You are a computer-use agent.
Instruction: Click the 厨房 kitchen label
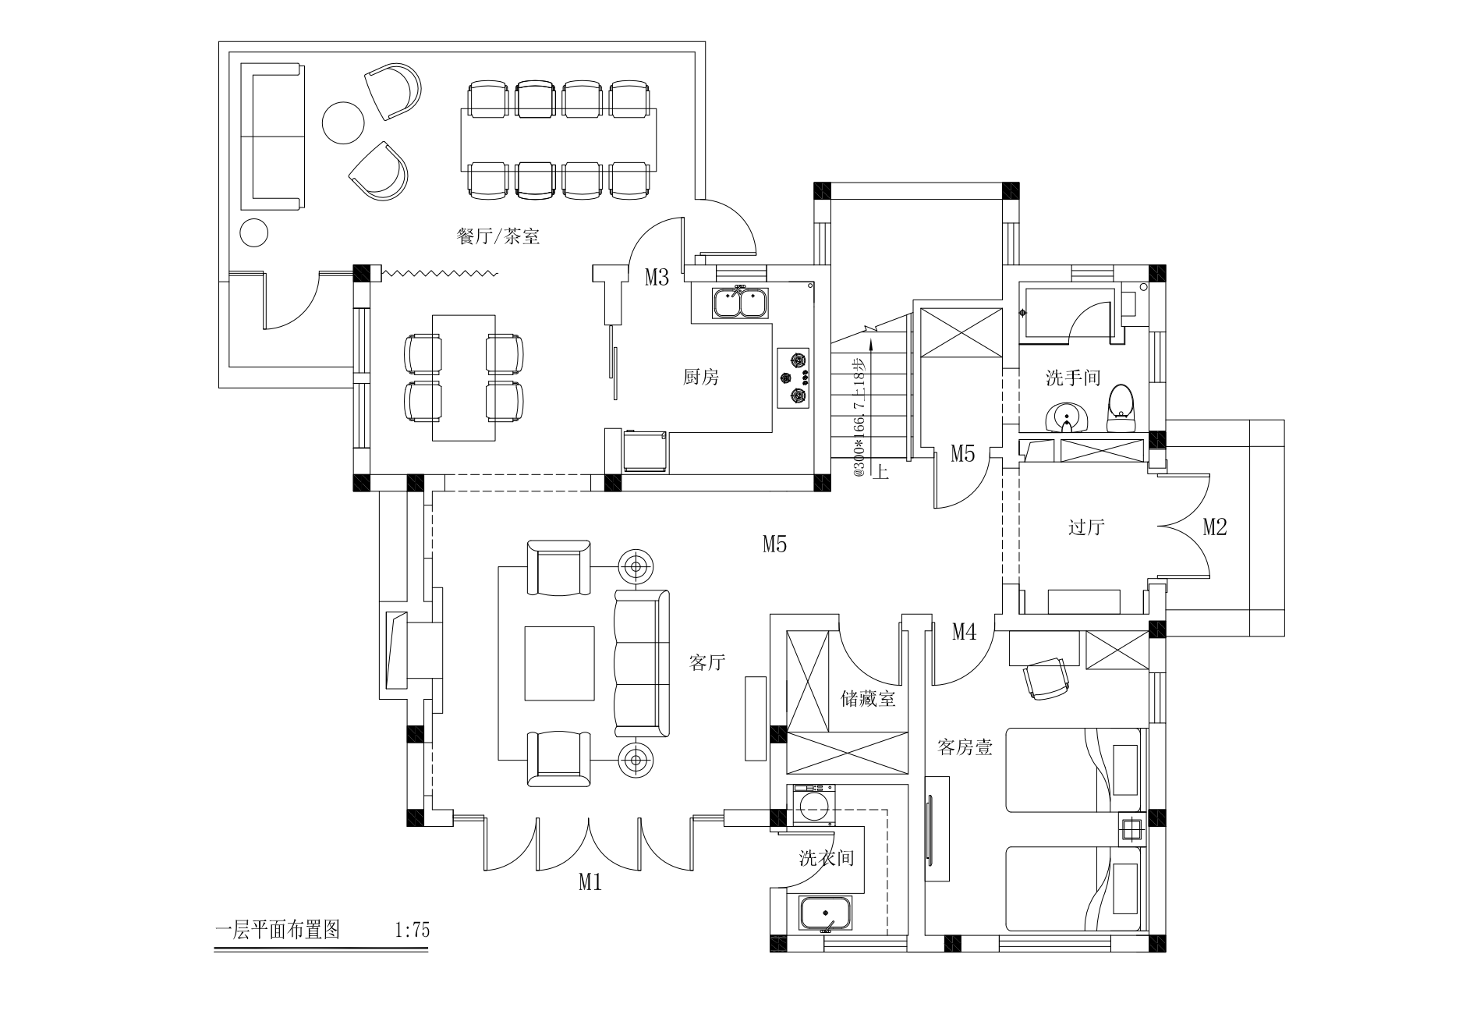coord(700,378)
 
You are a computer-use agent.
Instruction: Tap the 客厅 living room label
coord(707,663)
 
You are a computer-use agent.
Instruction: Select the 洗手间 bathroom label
coord(1073,378)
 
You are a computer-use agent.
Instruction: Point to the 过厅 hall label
coord(1085,527)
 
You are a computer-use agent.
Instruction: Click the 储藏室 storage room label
coord(868,698)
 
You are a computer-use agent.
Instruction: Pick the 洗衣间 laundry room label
coord(827,858)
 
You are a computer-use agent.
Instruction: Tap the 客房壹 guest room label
coord(965,747)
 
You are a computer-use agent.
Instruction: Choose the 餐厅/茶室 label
coord(498,236)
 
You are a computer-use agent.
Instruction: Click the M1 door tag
coord(590,882)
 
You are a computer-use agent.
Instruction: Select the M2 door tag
coord(1215,527)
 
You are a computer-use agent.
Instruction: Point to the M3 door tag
coord(657,277)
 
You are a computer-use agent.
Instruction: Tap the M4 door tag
coord(964,632)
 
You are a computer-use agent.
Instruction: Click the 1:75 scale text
coord(413,931)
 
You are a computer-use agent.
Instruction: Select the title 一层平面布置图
coord(278,930)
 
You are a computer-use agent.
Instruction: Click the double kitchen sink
coord(740,303)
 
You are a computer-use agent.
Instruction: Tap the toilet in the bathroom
coord(1120,407)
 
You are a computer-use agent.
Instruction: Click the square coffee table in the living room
coord(559,663)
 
